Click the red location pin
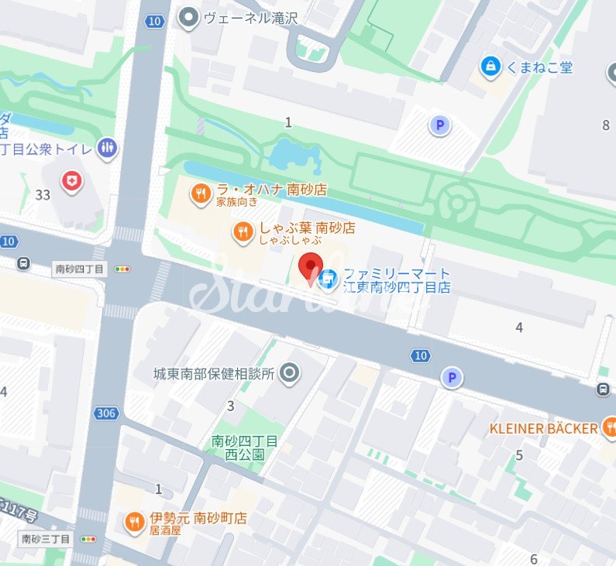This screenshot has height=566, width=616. coord(311,266)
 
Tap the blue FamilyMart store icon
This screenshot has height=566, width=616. coord(329,276)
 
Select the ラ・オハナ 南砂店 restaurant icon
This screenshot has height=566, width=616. coord(201,193)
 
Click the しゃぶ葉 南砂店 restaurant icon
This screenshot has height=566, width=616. coord(243,231)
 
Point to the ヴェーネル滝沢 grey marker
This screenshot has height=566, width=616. coord(188,18)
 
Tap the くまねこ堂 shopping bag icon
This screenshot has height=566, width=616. coord(490,67)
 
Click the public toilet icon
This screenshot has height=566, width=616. coord(108,147)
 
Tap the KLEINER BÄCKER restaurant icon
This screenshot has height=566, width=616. coord(609,427)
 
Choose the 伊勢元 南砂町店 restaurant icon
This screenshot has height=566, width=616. coord(135,523)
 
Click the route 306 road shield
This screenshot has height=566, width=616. coord(107,413)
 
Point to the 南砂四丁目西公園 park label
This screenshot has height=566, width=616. coord(245,448)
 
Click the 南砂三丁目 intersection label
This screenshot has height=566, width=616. coord(46,539)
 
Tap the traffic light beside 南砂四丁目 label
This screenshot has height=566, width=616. coord(122,269)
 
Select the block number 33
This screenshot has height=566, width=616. coord(43,195)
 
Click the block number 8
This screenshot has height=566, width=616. coord(606,125)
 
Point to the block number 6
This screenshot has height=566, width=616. coord(533,559)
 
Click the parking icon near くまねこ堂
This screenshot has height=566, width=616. coord(440,124)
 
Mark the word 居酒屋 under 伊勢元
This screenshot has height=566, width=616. coord(165,531)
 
